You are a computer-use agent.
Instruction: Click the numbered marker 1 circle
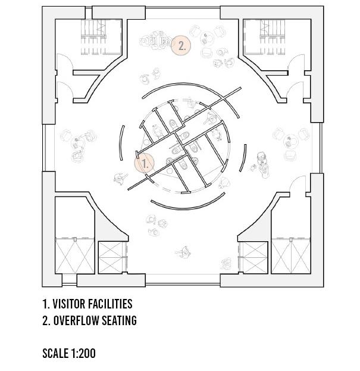(x=144, y=163)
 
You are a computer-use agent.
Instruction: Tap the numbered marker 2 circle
(x=181, y=45)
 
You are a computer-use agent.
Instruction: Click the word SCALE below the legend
(x=55, y=353)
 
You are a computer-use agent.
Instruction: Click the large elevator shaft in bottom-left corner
(x=74, y=255)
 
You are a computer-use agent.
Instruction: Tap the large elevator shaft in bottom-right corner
(x=291, y=255)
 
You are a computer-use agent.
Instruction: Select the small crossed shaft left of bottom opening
(x=112, y=257)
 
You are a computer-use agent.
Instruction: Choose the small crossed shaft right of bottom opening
(x=252, y=257)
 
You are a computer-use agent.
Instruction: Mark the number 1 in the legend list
(x=45, y=304)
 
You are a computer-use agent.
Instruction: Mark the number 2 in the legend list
(x=45, y=320)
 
